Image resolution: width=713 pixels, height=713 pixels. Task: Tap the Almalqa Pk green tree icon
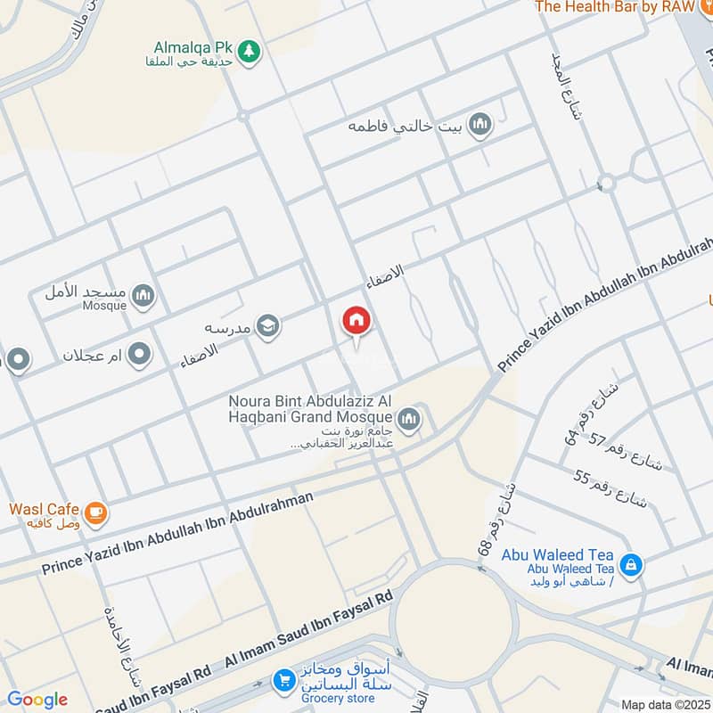(x=250, y=51)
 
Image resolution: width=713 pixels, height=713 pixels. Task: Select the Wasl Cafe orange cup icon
(x=96, y=513)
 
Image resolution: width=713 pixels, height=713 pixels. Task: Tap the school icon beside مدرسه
(x=267, y=327)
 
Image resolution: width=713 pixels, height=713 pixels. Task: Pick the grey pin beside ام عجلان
(x=138, y=356)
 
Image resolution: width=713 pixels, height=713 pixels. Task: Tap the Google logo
(x=37, y=700)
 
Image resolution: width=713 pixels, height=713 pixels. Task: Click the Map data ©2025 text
(x=665, y=704)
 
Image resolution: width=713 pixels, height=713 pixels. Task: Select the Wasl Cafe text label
(x=44, y=509)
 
